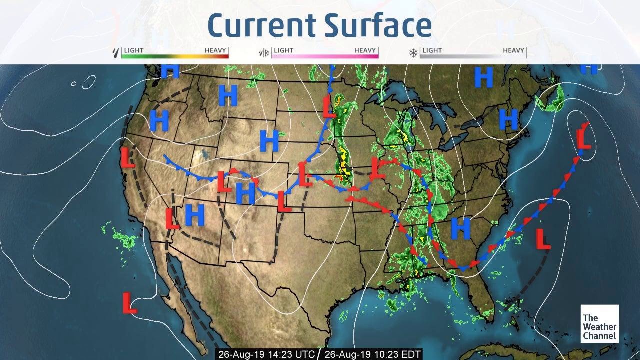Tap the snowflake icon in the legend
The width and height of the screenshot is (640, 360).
point(413,52)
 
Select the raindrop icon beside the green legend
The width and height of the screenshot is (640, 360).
point(117,52)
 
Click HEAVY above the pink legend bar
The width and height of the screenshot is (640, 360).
point(366,50)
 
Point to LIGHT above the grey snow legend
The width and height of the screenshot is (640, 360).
point(432,50)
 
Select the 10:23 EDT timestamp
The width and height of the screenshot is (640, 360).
point(372,354)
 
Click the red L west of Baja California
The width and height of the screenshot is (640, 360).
point(129,303)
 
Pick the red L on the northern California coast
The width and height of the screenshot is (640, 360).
point(128,157)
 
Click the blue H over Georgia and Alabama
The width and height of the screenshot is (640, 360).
point(460,228)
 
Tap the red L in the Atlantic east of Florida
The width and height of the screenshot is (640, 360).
point(543,239)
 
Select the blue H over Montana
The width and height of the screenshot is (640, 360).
point(228,95)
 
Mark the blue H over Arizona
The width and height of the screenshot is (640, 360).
point(195,215)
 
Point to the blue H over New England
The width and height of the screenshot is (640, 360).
point(509,119)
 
